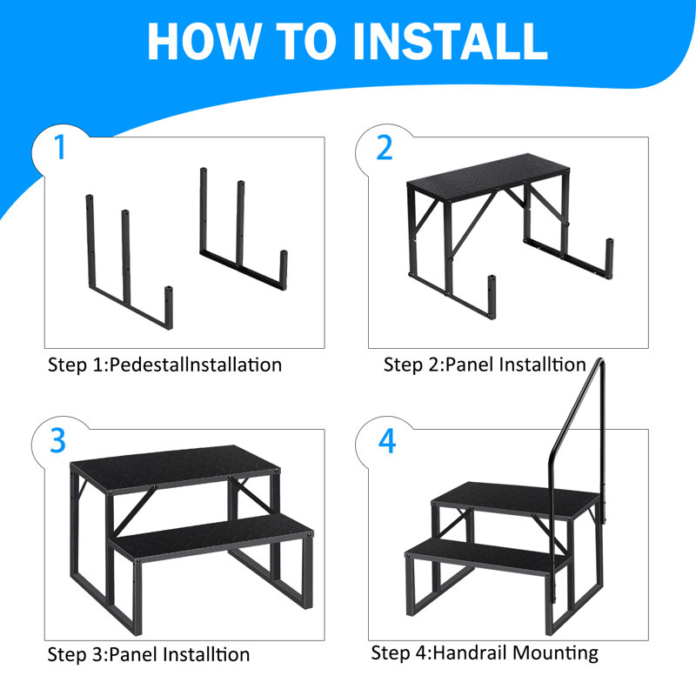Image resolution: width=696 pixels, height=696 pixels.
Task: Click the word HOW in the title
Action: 200,41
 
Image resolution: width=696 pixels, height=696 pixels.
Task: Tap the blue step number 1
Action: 58,148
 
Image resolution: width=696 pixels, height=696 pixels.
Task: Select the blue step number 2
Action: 385,148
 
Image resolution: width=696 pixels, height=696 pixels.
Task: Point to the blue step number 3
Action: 58,441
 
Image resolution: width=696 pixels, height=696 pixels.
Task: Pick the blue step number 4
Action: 386,441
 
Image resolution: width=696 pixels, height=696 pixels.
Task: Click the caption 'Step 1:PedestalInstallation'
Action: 164,365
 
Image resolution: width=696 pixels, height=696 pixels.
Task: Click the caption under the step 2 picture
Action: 485,365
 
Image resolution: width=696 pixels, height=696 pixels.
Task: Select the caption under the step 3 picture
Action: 148,654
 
